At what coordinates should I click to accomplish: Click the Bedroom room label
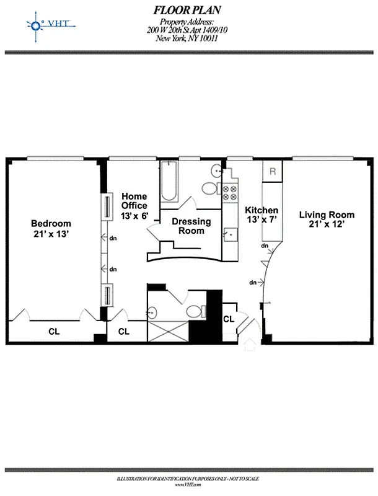point(51,223)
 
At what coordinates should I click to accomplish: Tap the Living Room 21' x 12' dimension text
point(327,226)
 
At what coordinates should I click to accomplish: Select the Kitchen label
point(262,210)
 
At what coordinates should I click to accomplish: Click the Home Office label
point(134,201)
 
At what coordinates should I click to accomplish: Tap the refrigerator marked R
point(273,172)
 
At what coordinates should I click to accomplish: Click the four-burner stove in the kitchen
point(231,193)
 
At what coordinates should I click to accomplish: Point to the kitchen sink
point(231,234)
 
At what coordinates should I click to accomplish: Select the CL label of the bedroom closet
point(54,331)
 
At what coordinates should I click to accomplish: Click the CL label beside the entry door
point(228,319)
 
